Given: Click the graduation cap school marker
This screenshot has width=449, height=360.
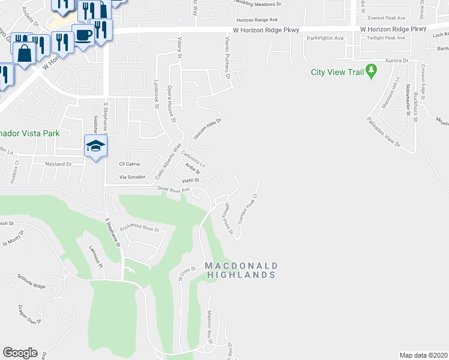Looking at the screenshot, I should click(x=96, y=146).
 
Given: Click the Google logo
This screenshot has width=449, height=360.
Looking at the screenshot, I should click(x=20, y=353).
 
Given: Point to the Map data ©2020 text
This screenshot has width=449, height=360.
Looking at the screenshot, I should click(x=423, y=355).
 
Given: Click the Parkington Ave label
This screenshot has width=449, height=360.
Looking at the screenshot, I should click(x=325, y=38).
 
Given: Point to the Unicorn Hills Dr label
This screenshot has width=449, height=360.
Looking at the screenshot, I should click(x=208, y=129).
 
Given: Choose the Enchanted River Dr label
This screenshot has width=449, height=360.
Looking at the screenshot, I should click(x=139, y=229).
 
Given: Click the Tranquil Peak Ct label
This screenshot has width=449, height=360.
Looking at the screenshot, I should click(x=247, y=209).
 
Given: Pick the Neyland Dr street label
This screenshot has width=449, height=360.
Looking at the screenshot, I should click(x=58, y=164).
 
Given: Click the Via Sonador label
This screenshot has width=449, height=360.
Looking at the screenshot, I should click(x=133, y=177).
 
